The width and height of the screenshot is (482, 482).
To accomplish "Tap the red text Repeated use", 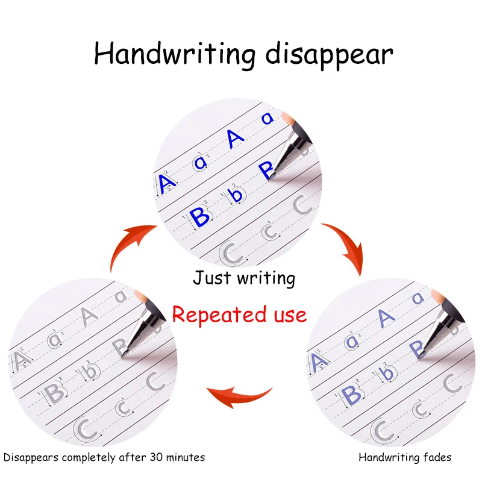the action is (x=239, y=314).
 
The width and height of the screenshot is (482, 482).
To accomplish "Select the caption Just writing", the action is (x=244, y=278).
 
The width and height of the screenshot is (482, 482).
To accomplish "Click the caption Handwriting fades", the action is (x=405, y=457).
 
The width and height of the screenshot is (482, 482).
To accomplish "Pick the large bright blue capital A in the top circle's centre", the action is (x=236, y=138).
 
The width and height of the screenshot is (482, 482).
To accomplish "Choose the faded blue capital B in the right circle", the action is (x=351, y=395).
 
